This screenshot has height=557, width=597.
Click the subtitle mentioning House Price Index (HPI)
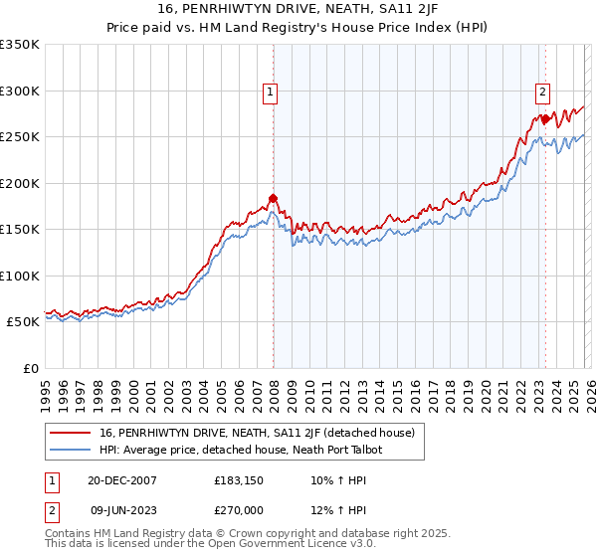298,27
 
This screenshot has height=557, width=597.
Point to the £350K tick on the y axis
20,45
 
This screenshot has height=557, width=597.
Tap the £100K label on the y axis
20,276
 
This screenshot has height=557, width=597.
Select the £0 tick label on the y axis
30,368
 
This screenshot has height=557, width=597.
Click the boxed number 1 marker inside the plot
270,93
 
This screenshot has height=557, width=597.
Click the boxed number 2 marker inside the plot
542,93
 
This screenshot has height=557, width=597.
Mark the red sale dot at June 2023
544,119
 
